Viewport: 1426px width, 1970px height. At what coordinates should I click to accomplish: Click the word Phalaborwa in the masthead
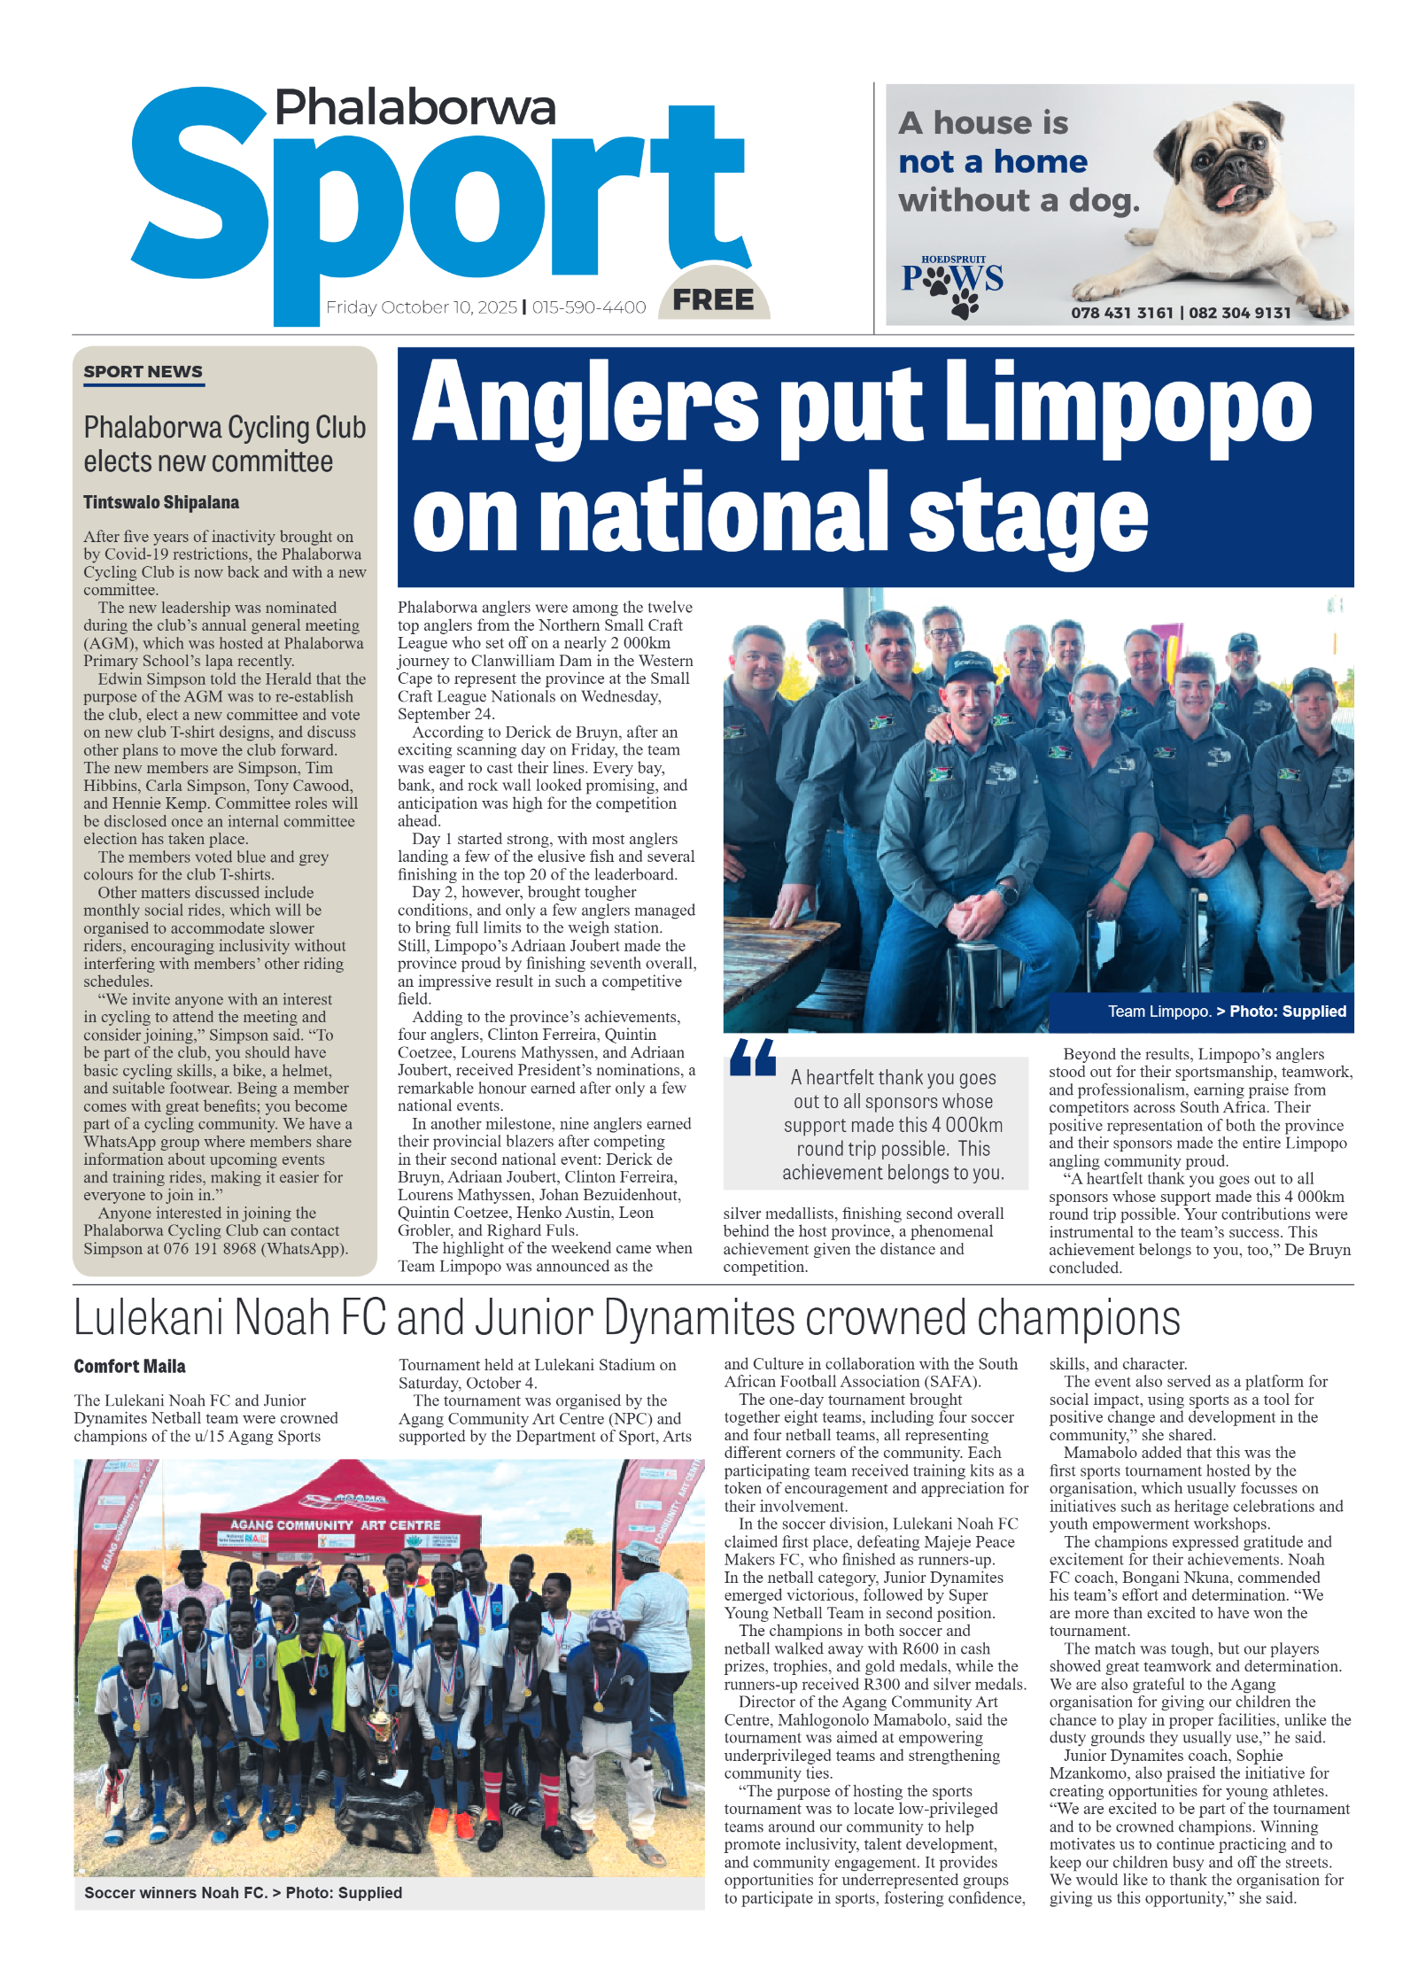pos(415,108)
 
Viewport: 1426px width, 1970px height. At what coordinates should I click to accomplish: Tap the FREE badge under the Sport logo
pos(713,299)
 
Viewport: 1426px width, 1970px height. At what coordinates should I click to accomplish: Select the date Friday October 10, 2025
pos(421,307)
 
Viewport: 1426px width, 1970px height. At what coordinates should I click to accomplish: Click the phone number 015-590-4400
pos(589,307)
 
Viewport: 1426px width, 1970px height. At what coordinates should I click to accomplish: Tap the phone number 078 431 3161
pos(1121,313)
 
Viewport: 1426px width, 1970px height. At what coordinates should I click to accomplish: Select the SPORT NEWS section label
pos(143,372)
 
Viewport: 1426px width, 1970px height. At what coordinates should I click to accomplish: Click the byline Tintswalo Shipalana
pos(161,502)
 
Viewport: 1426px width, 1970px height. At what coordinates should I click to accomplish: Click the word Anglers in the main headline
pos(585,403)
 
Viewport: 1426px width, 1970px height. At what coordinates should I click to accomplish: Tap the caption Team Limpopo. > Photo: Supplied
pos(1226,1012)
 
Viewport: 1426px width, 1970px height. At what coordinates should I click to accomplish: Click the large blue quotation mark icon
pos(752,1058)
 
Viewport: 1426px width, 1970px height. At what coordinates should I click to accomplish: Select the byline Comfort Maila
pos(129,1366)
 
